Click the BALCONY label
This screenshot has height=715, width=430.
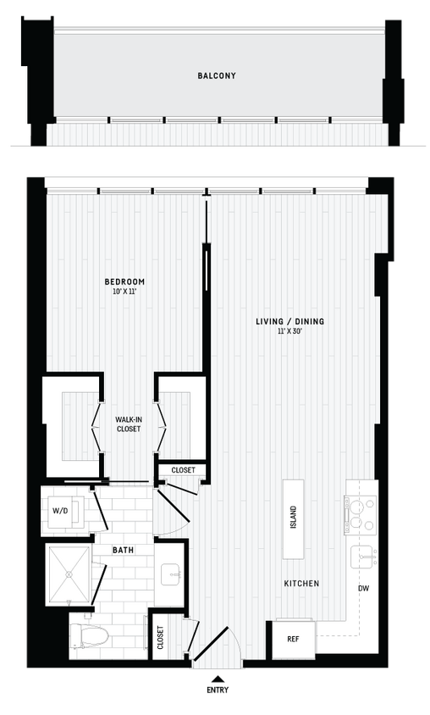(x=217, y=75)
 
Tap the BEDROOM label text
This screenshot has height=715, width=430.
(x=124, y=281)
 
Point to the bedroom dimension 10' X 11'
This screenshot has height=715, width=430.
(x=124, y=291)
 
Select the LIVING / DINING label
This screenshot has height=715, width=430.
(x=290, y=322)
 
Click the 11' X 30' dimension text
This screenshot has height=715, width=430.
(x=290, y=332)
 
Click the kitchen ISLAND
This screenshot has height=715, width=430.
(x=293, y=518)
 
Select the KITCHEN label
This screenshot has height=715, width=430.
(x=301, y=584)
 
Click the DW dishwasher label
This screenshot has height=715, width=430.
(x=363, y=587)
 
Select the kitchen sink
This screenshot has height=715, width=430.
(x=364, y=556)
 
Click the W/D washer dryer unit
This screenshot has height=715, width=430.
(x=63, y=511)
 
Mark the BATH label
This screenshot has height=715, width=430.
(x=123, y=550)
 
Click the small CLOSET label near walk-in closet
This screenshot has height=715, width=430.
(x=183, y=470)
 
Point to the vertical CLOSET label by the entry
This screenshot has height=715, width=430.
(x=161, y=637)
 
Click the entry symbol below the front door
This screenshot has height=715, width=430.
(x=219, y=683)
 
